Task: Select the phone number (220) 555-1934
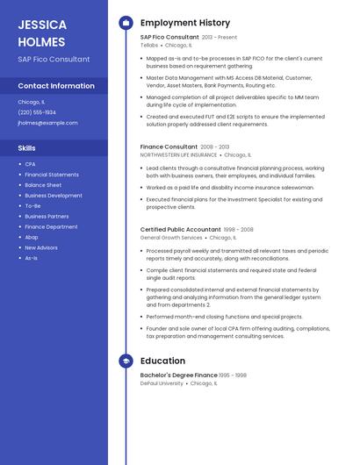(x=37, y=112)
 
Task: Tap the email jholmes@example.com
(x=47, y=123)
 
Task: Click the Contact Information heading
(x=56, y=86)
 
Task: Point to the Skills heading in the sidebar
(x=27, y=148)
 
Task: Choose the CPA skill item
(x=30, y=164)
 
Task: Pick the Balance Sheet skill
(x=43, y=185)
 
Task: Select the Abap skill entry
(x=32, y=237)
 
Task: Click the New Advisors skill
(x=41, y=247)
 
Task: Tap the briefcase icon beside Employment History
(x=126, y=22)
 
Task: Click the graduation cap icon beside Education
(x=126, y=361)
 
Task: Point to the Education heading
(x=162, y=361)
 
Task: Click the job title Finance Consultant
(x=169, y=147)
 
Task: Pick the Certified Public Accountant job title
(x=180, y=229)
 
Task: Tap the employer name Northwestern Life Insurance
(x=178, y=154)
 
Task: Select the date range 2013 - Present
(x=220, y=38)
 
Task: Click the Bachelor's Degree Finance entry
(x=178, y=375)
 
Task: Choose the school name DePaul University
(x=162, y=383)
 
